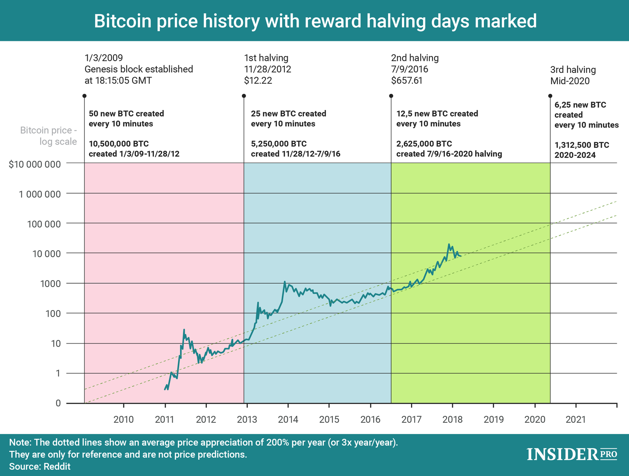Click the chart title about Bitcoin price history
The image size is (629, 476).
tap(315, 21)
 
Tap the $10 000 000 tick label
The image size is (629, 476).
tap(35, 164)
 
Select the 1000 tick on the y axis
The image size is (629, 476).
tap(50, 284)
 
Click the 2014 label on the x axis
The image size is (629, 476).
tap(288, 419)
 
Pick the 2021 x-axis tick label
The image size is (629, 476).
tap(576, 419)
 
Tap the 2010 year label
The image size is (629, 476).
tap(124, 419)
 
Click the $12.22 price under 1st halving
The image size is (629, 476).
tap(258, 80)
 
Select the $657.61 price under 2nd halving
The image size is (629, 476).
tap(407, 80)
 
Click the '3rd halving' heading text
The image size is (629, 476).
tap(573, 70)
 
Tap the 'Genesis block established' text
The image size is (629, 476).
tap(139, 69)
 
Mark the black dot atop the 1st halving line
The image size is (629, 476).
tap(244, 96)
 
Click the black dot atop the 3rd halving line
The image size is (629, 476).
tap(550, 96)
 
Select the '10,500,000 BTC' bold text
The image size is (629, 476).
tap(119, 144)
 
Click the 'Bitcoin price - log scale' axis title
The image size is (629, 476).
tap(49, 136)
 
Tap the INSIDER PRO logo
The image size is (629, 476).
tap(572, 454)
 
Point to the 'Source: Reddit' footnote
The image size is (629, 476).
tap(40, 466)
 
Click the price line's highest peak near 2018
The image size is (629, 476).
tap(449, 244)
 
